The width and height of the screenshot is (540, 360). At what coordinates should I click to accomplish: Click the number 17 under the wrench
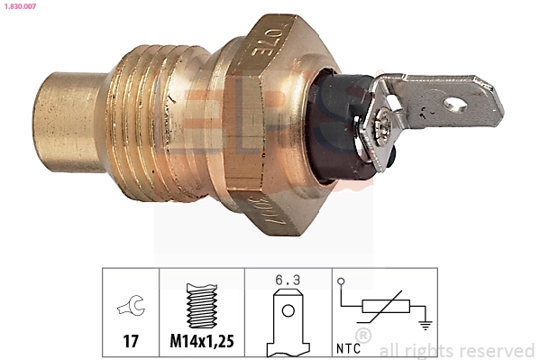coord(129,342)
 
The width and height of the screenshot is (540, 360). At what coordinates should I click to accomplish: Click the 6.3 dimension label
coord(288,281)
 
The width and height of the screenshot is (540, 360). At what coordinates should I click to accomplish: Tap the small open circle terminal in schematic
coord(341,281)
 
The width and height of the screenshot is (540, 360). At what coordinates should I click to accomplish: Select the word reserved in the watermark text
coord(498,350)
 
